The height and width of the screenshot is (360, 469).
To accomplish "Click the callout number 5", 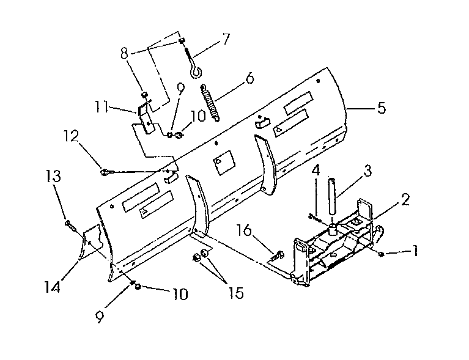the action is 382,108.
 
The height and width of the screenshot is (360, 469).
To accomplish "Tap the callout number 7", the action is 226,39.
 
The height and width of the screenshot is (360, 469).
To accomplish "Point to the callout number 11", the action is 102,107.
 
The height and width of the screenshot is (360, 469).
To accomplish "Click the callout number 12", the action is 71,136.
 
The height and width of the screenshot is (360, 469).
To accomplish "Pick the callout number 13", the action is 54,176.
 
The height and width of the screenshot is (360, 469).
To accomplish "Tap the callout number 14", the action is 53,287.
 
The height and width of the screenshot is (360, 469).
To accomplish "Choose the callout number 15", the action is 236,293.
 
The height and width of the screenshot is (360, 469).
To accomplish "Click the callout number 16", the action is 244,230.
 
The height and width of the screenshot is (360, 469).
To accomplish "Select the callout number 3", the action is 367,171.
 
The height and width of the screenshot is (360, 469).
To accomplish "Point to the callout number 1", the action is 415,251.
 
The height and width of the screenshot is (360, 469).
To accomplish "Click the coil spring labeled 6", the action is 210,103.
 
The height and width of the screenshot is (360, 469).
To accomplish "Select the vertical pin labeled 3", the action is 332,196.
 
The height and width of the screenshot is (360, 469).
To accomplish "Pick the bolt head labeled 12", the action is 105,172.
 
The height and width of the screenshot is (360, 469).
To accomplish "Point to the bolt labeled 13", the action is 70,226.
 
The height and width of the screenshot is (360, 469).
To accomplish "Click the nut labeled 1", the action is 381,254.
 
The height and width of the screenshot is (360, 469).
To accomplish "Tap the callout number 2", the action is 405,200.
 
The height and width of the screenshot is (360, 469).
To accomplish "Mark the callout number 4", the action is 316,170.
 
